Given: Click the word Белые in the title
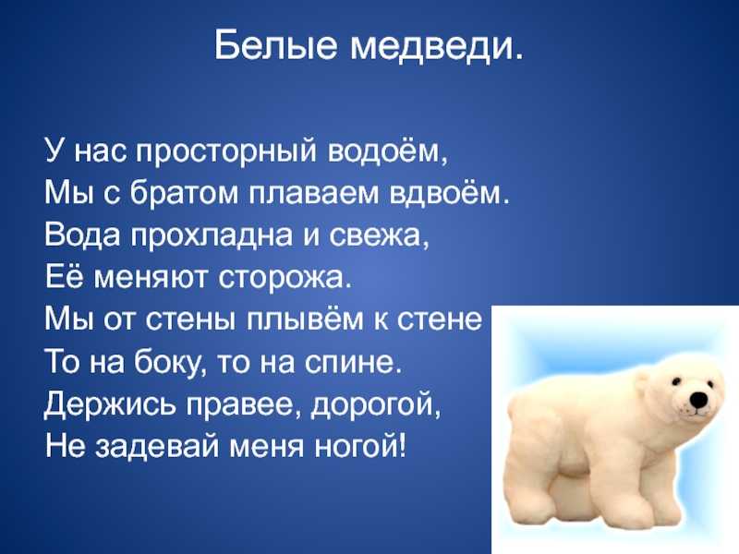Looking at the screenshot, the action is (275, 45).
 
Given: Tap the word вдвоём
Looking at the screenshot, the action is (444, 192).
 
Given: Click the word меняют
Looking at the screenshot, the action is (151, 278).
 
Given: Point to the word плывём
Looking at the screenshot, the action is (306, 320).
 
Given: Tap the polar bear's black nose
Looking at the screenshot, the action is (699, 400).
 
